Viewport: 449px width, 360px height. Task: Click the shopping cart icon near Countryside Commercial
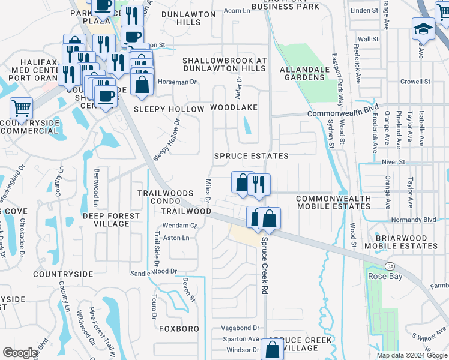[x=21, y=109]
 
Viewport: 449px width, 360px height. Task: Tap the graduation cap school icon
[x=423, y=29]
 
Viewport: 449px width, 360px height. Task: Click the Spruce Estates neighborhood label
[x=252, y=156]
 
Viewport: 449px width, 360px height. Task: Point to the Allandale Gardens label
[x=305, y=73]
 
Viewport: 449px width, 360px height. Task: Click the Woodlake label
[x=234, y=107]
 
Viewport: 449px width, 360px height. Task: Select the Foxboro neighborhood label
[x=179, y=329]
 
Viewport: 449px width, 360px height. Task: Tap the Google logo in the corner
[x=20, y=353]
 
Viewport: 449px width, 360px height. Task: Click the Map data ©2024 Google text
[x=411, y=355]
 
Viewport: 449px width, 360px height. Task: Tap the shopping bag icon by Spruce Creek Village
[x=273, y=349]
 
